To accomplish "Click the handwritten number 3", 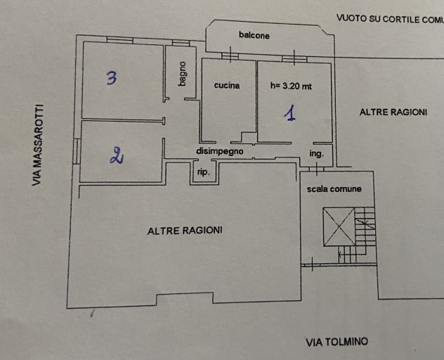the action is point(112,78).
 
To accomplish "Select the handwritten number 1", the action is point(290,113).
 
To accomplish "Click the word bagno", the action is point(183,74).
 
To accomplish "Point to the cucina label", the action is point(226,85).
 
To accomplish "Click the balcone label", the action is point(254,35).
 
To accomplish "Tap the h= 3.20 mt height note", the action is point(291,86).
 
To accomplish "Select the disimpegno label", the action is point(220,151).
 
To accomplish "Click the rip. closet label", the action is point(204,172).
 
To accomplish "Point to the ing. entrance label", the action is point(316,154).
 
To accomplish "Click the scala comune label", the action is point(334,189).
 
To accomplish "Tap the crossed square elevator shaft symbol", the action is point(339,227).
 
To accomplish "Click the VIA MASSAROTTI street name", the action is point(38,145).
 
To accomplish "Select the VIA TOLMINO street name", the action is point(337,342).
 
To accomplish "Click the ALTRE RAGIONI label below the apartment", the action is point(185,231).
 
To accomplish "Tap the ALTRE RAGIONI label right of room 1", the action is point(393,112).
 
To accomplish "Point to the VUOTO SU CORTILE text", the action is point(390,19).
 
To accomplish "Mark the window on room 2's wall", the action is point(77,150).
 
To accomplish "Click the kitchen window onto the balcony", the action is point(230,56).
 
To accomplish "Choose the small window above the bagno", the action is point(181,43).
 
